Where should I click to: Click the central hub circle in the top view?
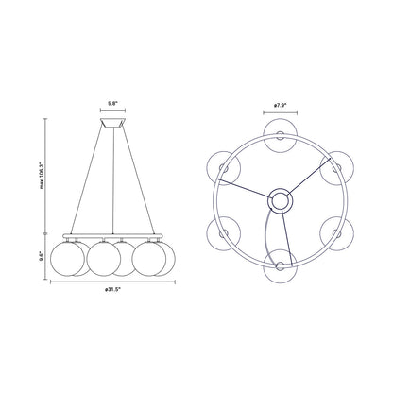280,199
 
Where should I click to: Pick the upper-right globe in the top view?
337,166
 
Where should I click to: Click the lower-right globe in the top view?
337,233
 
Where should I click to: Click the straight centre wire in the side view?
112,179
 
